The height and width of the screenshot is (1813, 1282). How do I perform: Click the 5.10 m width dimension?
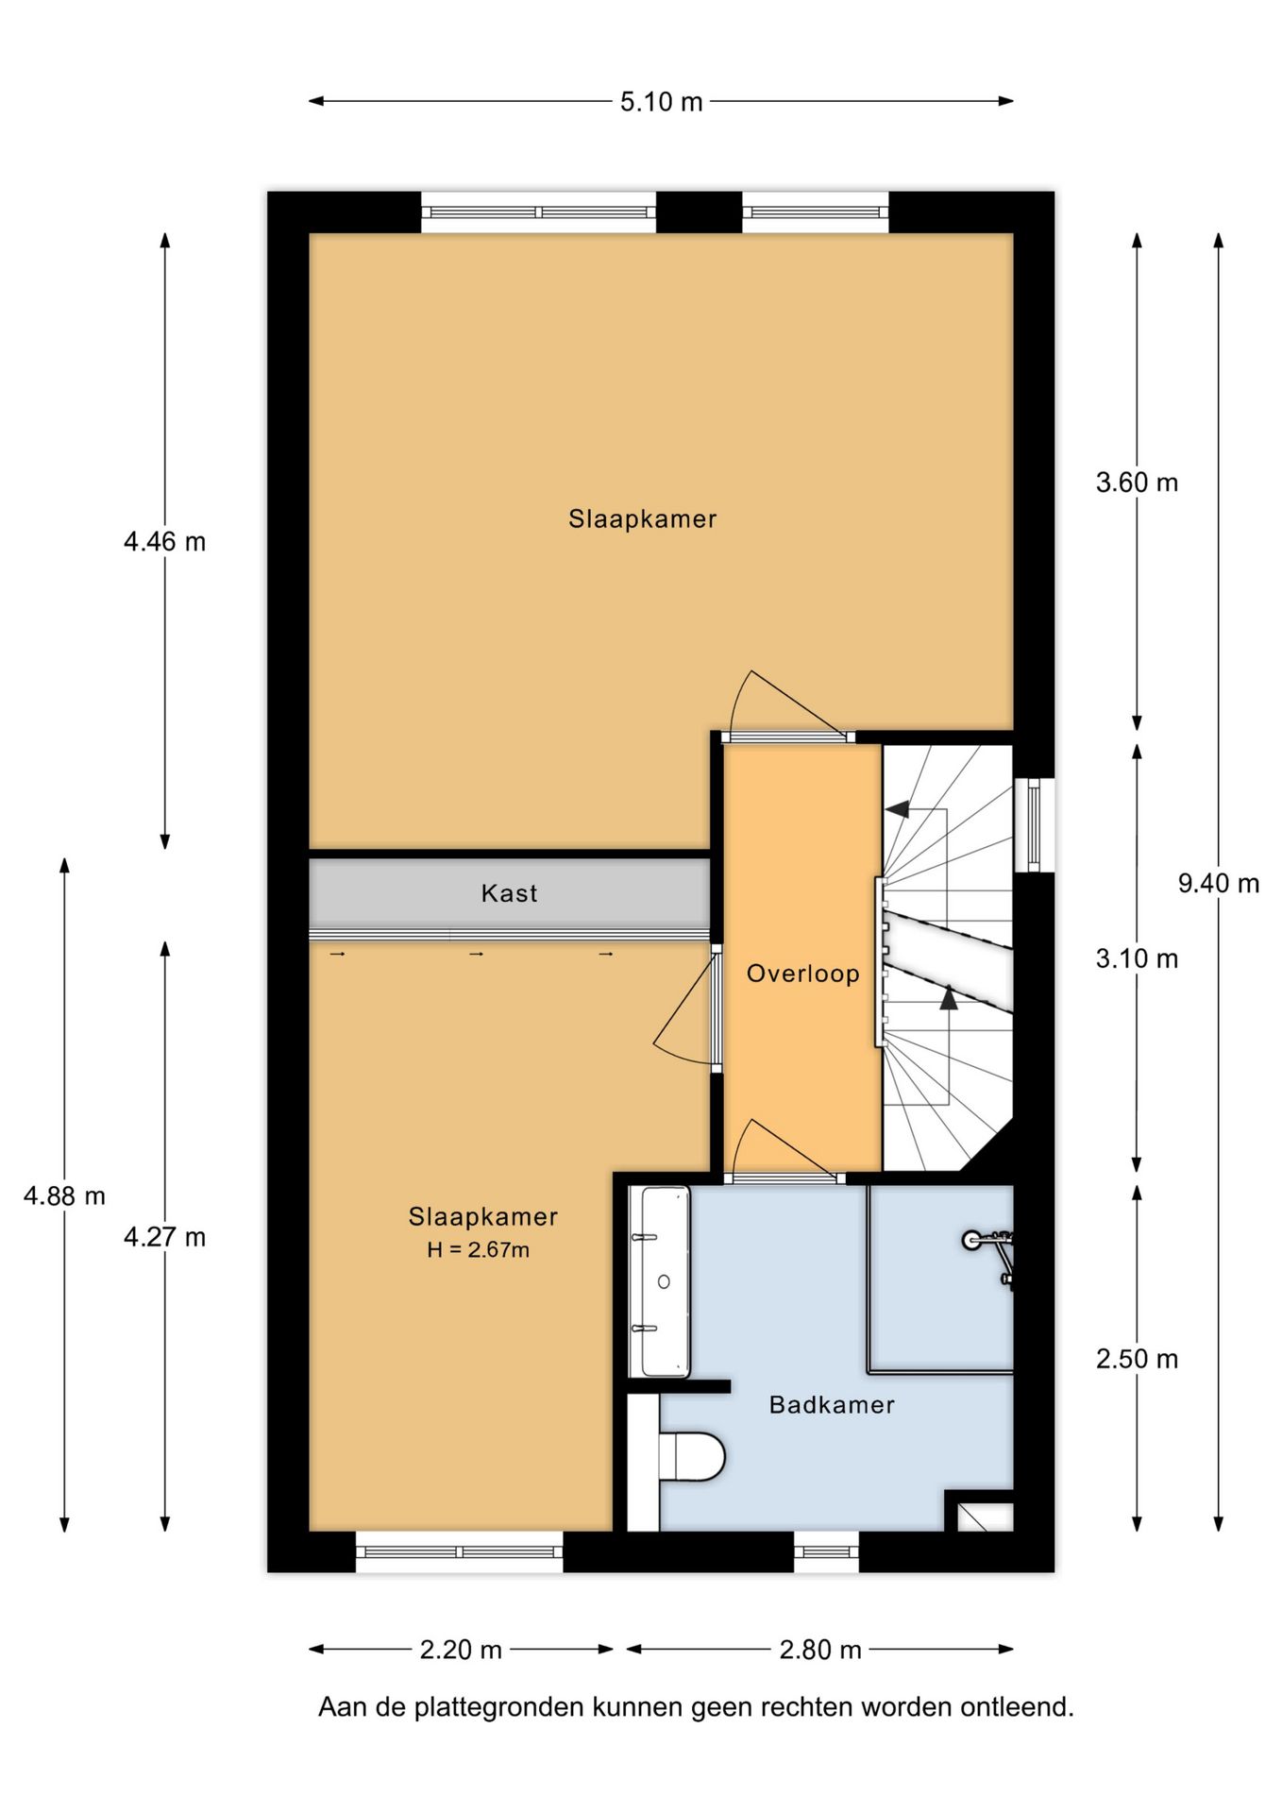coord(661,102)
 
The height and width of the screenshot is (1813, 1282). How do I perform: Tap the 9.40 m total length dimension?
coord(1218,884)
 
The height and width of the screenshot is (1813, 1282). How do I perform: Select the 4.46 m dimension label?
coord(164,542)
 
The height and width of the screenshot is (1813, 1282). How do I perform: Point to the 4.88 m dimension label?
coord(64,1196)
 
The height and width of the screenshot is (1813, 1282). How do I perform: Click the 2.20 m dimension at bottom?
coord(461,1650)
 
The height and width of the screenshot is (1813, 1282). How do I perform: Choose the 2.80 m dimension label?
coord(819,1650)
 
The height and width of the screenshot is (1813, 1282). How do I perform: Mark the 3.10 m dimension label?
coord(1137,959)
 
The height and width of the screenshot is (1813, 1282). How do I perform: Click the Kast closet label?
coord(509,893)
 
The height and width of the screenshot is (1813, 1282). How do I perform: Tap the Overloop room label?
coord(802,974)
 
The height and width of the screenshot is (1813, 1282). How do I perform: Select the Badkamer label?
coord(831,1405)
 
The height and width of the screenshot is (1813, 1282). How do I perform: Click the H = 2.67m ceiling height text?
coord(478,1250)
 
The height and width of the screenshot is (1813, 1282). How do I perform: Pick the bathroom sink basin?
coord(665,1281)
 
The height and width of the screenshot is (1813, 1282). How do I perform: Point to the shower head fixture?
coord(972,1240)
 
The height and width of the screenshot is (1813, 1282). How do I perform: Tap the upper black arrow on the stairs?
coord(897,809)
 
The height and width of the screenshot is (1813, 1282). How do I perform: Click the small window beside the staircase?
coord(1034,824)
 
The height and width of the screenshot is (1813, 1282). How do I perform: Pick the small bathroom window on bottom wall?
coord(825,1551)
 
